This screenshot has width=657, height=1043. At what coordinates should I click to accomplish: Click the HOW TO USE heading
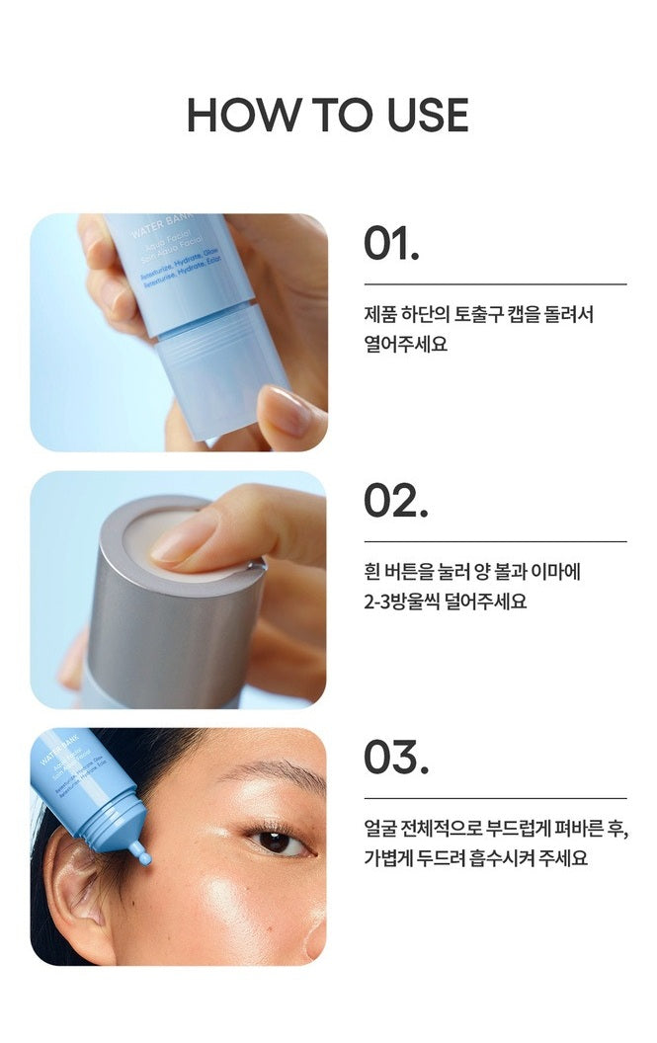tap(328, 116)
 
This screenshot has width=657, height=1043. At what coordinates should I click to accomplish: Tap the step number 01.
tap(391, 244)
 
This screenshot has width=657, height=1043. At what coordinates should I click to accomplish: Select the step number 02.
tap(395, 501)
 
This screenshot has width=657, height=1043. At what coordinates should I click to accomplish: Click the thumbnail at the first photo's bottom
tap(287, 411)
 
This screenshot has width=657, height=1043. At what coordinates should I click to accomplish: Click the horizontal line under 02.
tap(495, 541)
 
